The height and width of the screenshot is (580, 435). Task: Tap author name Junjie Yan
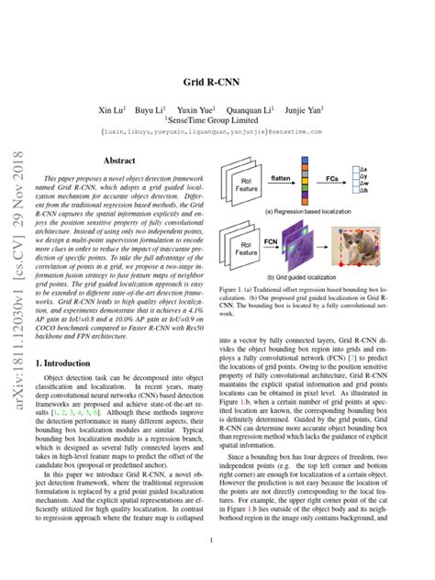click(x=315, y=108)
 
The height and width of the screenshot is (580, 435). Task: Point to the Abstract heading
click(x=119, y=160)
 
